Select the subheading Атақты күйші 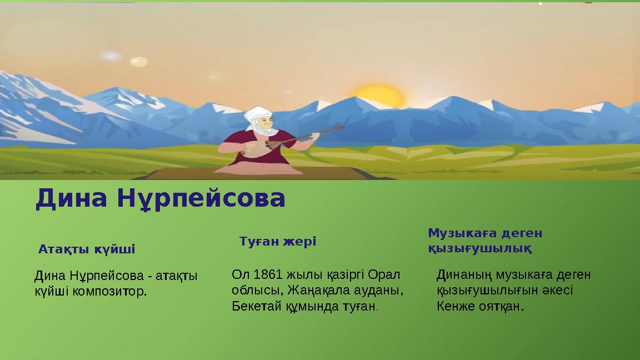(x=87, y=249)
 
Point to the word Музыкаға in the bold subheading (x=459, y=233)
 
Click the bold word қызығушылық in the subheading (x=479, y=248)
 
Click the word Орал (x=388, y=274)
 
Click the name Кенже (x=453, y=306)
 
